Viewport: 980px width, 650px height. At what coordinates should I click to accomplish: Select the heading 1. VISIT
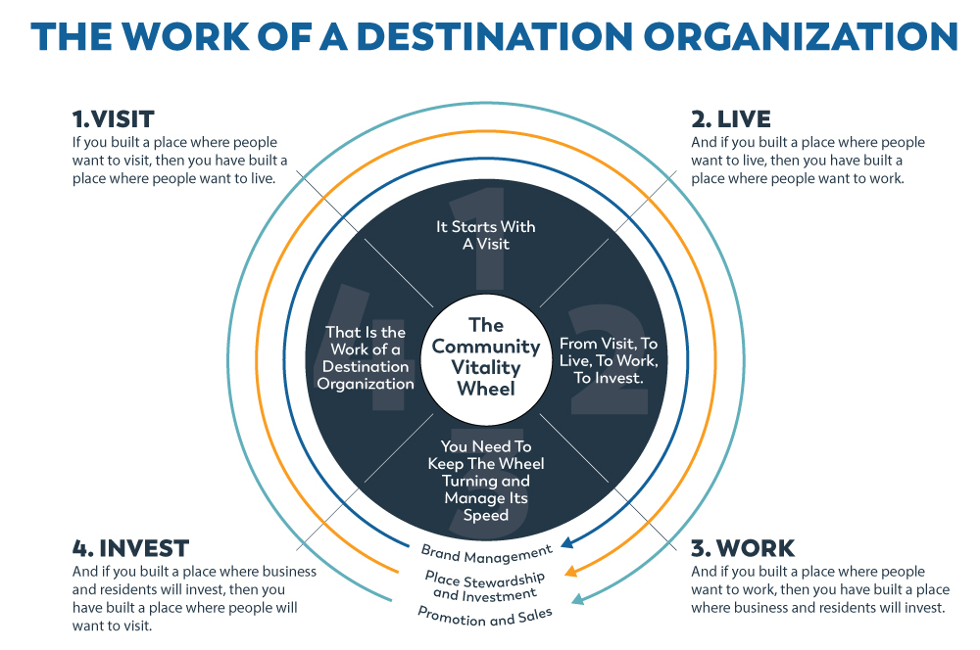(x=113, y=119)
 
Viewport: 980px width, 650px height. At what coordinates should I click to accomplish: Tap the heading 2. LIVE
(x=730, y=119)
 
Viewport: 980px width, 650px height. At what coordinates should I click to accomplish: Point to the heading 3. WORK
(x=742, y=547)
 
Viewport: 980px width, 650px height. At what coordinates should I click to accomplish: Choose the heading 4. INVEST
(x=130, y=547)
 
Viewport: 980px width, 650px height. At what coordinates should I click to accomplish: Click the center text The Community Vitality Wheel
(x=486, y=356)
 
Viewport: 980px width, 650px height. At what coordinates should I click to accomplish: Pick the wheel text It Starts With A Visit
(x=486, y=235)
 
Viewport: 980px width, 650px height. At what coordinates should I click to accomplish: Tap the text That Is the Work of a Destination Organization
(x=366, y=357)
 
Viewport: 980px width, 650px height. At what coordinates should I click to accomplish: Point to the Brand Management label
(x=486, y=552)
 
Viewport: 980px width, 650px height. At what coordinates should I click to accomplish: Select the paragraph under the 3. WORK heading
(x=819, y=589)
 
